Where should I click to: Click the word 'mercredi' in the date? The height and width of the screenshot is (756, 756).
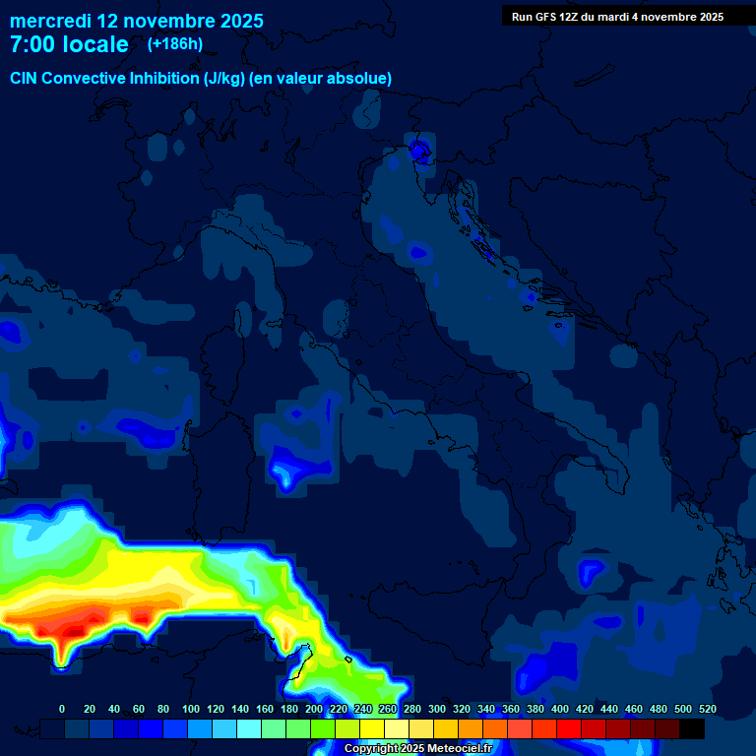(x=49, y=20)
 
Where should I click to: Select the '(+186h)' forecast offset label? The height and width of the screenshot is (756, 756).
(x=175, y=44)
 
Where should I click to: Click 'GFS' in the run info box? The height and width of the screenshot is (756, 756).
(x=545, y=17)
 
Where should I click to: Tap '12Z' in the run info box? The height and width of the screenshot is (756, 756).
(x=572, y=17)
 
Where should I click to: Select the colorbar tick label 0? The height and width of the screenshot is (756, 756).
(x=62, y=709)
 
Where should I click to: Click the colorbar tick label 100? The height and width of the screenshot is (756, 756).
(x=191, y=709)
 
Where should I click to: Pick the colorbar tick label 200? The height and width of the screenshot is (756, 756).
(x=314, y=709)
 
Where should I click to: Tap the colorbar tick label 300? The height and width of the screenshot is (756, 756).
(x=437, y=709)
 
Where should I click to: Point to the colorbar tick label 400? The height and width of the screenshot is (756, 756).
(x=560, y=709)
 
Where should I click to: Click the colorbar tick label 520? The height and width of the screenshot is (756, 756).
(x=707, y=709)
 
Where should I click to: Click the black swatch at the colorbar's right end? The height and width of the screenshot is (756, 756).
(x=692, y=728)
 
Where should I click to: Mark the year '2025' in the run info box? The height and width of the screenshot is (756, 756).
(x=709, y=17)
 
